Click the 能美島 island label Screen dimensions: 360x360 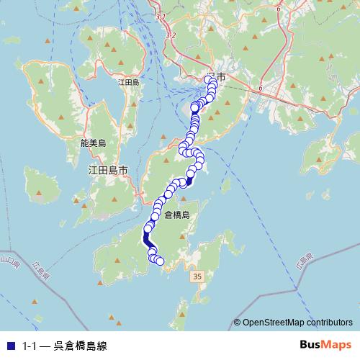[x=94, y=143]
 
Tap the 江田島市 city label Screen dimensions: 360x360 [x=107, y=171]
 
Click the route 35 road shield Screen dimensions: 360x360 [x=197, y=276]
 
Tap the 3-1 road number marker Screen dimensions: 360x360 [x=160, y=16]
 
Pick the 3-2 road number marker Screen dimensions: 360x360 [x=170, y=34]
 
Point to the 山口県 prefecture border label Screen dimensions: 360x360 [x=9, y=257]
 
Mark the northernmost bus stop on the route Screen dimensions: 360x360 [x=210, y=79]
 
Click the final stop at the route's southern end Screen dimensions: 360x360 [x=160, y=261]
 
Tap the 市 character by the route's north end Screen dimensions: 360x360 [x=220, y=77]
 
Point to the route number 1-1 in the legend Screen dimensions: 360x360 [x=29, y=346]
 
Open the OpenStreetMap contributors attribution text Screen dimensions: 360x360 [x=297, y=323]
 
